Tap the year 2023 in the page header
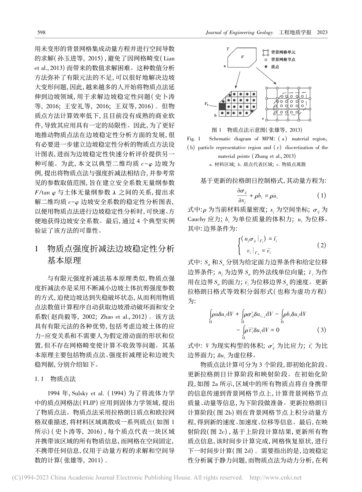322,32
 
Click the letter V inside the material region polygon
243,56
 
